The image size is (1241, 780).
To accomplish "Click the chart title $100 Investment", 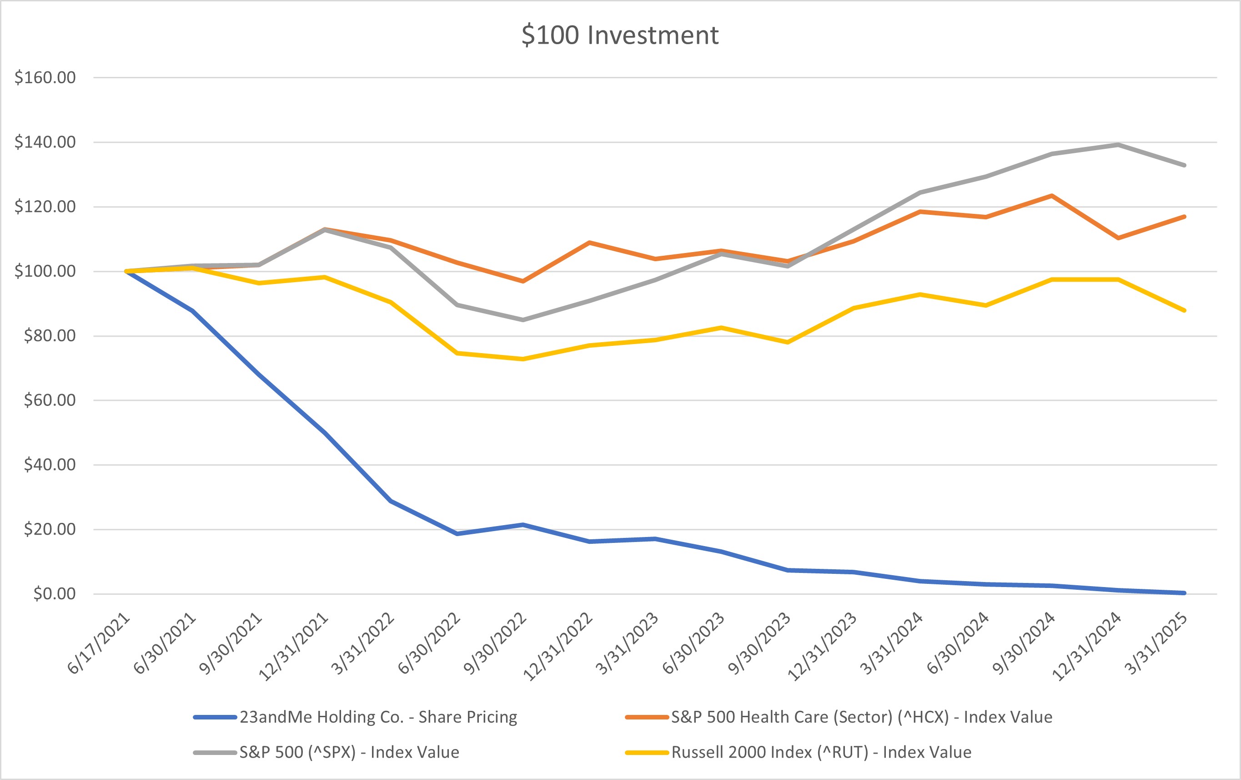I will point(619,35).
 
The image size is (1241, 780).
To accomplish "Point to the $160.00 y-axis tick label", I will point(45,77).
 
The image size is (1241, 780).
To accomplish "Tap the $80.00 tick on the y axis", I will point(50,336).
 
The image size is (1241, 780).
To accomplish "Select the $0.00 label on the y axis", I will point(54,594).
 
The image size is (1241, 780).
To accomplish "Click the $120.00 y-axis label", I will point(45,206).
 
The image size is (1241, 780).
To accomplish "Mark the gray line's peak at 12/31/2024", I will point(1118,144).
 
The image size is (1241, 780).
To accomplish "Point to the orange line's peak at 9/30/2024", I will point(1052,196).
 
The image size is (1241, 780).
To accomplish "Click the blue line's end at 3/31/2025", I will point(1184,593).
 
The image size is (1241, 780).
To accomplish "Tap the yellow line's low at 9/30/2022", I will point(523,359).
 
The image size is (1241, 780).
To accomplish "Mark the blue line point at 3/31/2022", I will point(391,501).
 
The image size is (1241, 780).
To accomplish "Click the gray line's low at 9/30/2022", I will point(523,320).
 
